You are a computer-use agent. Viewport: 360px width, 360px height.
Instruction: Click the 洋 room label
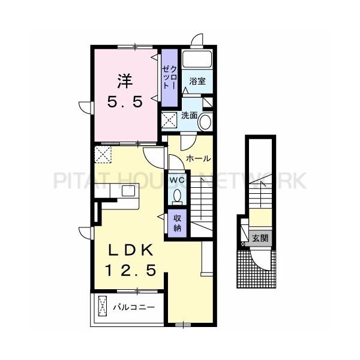click(125, 80)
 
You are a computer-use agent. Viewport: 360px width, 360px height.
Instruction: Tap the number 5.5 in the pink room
click(125, 102)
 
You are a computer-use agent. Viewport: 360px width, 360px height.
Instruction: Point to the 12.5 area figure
click(132, 271)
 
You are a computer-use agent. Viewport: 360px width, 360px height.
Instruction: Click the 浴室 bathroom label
click(198, 81)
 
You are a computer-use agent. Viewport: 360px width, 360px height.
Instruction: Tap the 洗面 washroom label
click(190, 115)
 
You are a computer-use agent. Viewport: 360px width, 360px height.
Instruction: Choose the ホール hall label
click(198, 159)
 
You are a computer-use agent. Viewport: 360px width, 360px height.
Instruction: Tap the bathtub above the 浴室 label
click(197, 61)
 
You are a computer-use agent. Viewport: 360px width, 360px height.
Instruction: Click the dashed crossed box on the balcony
click(103, 307)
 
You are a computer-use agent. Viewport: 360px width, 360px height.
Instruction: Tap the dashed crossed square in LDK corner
click(104, 155)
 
